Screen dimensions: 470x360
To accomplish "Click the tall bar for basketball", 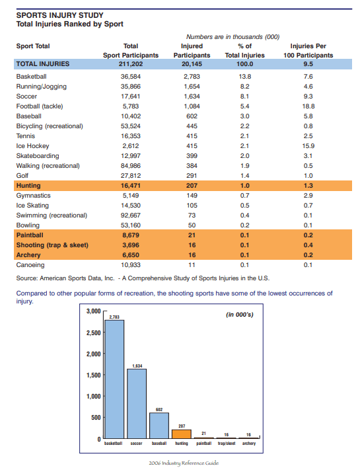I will coord(115,380).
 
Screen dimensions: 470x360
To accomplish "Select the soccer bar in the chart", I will coord(137,403).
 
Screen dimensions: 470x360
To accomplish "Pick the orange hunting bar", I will coord(181,434).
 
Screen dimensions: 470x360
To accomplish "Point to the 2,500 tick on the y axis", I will coord(91,333).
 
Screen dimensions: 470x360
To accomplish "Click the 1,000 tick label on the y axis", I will coord(91,396).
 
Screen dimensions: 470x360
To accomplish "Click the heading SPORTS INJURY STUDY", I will coord(59,15).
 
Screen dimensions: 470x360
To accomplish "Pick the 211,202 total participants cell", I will coord(131,64).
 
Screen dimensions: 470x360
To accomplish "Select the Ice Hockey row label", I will coord(30,145).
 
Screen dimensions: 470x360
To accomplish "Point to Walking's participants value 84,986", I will coord(131,165).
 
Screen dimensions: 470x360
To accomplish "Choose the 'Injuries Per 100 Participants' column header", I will coord(308,51).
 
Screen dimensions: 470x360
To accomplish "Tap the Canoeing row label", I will coord(29,264).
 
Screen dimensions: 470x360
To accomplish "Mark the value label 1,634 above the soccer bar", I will coord(137,365).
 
